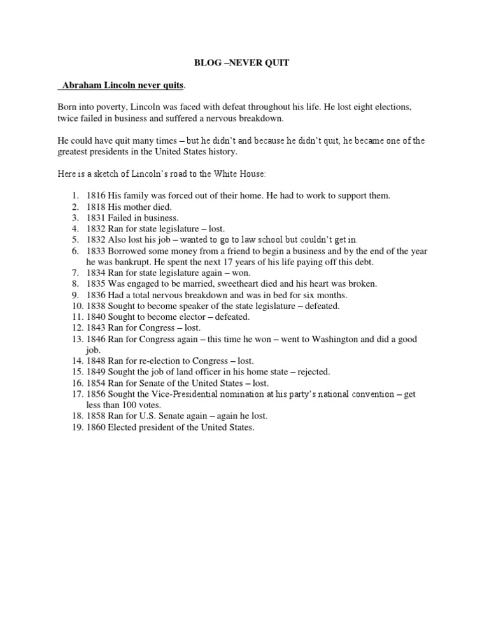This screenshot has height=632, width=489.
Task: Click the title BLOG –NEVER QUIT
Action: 244,64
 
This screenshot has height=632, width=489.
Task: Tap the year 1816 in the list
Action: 96,195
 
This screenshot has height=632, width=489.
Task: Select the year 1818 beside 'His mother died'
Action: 96,207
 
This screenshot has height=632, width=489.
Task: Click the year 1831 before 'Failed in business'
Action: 96,217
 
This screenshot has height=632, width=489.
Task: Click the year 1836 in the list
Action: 96,295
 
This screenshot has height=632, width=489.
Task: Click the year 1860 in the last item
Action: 96,427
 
